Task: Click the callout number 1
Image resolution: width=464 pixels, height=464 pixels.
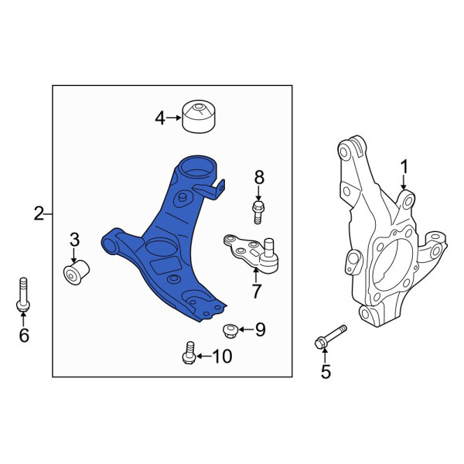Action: pos(404,168)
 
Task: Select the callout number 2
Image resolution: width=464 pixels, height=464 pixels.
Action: pos(39,213)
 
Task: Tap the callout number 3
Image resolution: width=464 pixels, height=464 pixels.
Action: pos(74,240)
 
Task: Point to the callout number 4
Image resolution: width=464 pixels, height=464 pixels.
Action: pos(160,118)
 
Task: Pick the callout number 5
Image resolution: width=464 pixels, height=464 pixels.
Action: pos(326,372)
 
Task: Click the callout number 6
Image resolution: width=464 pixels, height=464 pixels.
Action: pos(24,335)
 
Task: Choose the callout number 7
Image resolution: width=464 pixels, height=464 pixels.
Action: pos(256,292)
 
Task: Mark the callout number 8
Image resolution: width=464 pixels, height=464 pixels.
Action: pos(259,178)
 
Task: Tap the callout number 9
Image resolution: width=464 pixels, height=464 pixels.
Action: pos(260,329)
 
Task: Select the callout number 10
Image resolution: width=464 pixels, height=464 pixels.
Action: pos(223,356)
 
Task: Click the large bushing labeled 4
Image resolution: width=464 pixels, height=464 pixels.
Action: pos(199,116)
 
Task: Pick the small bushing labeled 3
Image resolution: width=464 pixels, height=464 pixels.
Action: pos(77,271)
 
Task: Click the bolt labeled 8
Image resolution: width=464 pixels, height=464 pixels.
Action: pos(258,212)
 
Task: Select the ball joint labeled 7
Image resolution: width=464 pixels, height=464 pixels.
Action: pos(251,253)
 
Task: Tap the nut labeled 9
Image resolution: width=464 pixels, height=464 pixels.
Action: pos(230,331)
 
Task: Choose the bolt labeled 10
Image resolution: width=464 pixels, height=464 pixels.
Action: pos(189,353)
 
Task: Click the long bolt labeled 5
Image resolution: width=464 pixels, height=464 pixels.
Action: pos(330,337)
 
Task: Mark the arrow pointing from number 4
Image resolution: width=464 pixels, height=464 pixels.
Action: pos(173,118)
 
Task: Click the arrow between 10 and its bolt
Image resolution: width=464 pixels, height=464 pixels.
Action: pos(204,356)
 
